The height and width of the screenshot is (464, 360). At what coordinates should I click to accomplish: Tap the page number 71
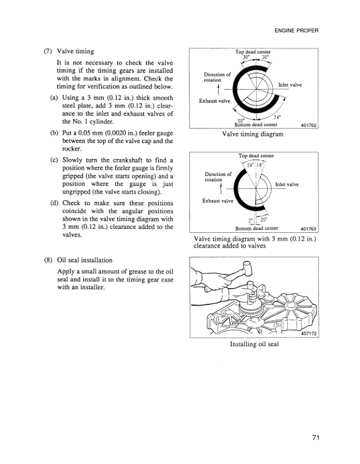pos(315,438)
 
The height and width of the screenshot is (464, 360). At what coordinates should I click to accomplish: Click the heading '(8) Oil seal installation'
pos(81,260)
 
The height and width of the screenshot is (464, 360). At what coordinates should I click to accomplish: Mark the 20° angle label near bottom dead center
pos(263,221)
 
